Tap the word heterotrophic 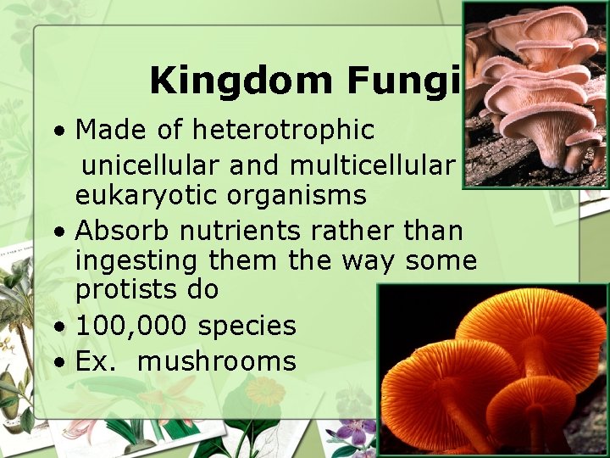pos(284,130)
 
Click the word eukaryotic pos(138,195)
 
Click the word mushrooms pos(216,362)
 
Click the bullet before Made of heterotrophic pos(58,132)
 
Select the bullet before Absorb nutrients pos(58,232)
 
